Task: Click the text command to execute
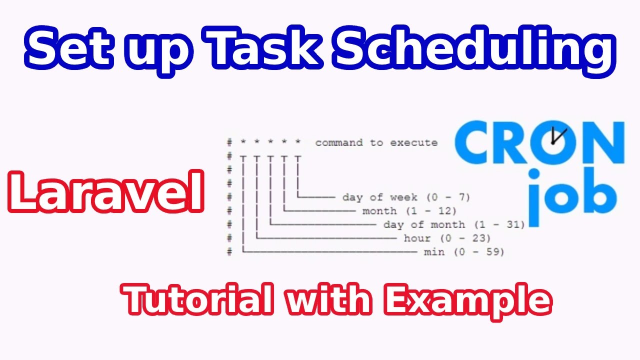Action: [x=376, y=143]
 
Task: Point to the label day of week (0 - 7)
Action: [x=406, y=197]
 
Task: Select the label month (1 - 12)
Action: [x=409, y=211]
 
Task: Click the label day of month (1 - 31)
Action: [x=453, y=224]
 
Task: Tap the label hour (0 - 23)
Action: [x=447, y=238]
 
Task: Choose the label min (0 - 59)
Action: [x=464, y=252]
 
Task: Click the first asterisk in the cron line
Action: [x=243, y=142]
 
